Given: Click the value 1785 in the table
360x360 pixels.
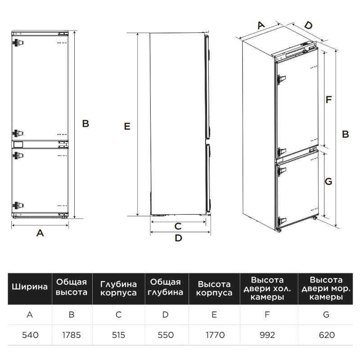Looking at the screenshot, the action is point(72,335).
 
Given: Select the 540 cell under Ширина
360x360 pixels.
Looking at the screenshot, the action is point(30,335).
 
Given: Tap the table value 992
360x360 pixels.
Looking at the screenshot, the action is point(267,335).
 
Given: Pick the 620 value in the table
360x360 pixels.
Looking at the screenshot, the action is point(327,335).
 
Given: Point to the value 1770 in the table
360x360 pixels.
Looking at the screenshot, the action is point(215,335).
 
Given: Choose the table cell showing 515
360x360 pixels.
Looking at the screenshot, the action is point(118,335).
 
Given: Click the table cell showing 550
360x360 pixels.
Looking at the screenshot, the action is point(166,335).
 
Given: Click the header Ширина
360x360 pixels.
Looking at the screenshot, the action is point(30,287).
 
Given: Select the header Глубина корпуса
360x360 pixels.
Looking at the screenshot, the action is point(118,288).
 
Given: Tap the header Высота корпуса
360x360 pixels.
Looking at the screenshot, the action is point(214,288).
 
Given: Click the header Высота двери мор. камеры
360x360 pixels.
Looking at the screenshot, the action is point(326,288).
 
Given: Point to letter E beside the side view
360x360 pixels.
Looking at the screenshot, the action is point(127,126).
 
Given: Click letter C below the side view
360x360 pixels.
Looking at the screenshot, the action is point(178,226).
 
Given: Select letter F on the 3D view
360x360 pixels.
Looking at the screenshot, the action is point(329,99).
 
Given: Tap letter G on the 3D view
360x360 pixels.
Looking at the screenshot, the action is point(328,181).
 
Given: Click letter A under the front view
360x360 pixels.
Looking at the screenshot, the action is point(40,233).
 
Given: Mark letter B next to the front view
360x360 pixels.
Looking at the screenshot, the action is point(85,123).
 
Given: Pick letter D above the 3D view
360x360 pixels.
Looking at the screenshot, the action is point(309,25).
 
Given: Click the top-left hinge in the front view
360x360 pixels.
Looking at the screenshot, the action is point(18,42).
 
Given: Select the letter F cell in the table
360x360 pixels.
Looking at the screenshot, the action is point(267,315).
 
